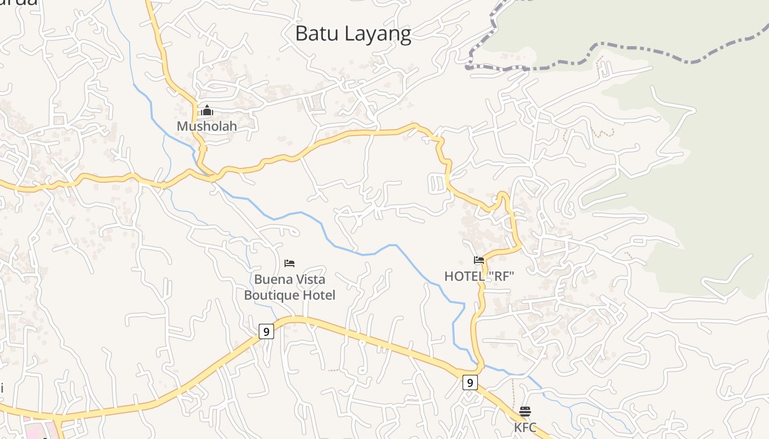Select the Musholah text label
tap(207, 126)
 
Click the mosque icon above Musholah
tap(207, 111)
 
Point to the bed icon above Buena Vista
tap(289, 264)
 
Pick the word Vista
tap(310, 280)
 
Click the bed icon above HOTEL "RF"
tap(479, 260)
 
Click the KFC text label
tap(525, 427)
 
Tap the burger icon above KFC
tap(525, 412)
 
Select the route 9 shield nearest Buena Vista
tap(266, 331)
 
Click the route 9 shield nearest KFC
tap(470, 382)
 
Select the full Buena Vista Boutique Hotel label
tap(289, 288)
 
